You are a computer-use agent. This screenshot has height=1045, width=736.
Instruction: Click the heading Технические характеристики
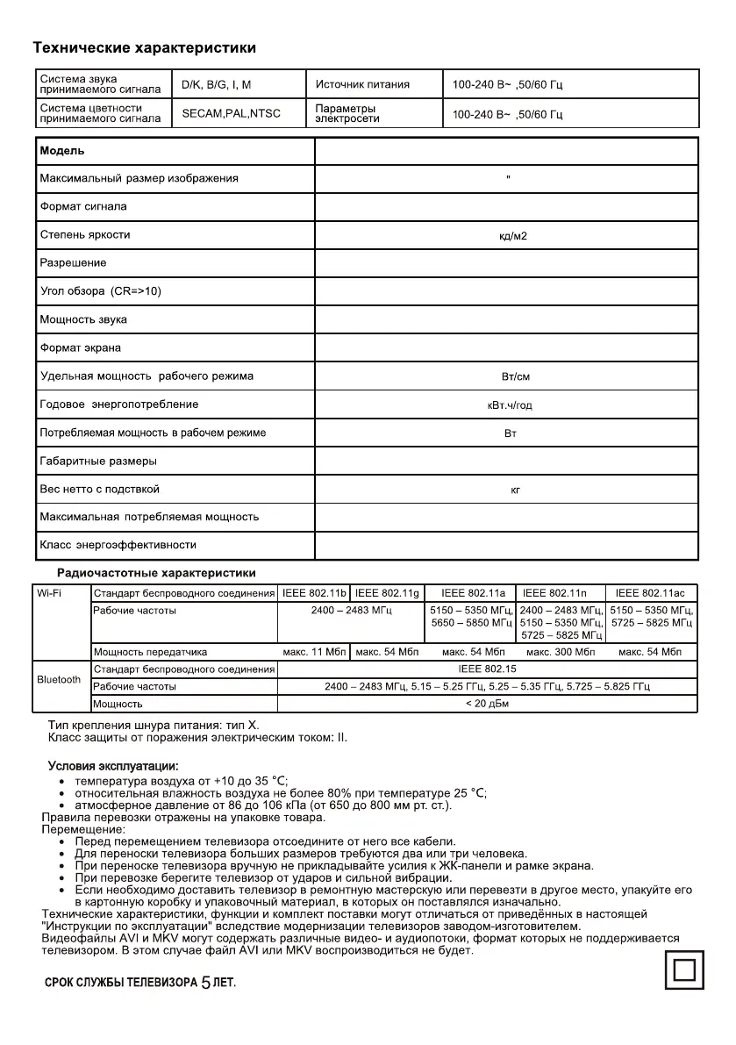pyautogui.click(x=144, y=47)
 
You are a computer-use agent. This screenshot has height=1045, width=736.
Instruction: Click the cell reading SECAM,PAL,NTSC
pyautogui.click(x=231, y=114)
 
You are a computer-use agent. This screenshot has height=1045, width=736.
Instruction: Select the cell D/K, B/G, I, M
pyautogui.click(x=216, y=85)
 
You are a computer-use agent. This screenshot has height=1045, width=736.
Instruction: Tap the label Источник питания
pyautogui.click(x=362, y=85)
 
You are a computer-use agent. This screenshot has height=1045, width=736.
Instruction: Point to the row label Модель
pyautogui.click(x=62, y=150)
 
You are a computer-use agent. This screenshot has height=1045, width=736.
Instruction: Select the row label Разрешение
pyautogui.click(x=74, y=263)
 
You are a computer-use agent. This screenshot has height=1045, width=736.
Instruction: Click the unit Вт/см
pyautogui.click(x=515, y=377)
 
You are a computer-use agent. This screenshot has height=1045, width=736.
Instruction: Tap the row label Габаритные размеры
pyautogui.click(x=98, y=461)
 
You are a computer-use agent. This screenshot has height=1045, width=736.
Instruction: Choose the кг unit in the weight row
pyautogui.click(x=516, y=490)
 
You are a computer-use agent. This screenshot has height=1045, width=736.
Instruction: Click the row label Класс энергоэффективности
pyautogui.click(x=118, y=545)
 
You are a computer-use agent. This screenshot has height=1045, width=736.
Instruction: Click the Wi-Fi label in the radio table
pyautogui.click(x=49, y=593)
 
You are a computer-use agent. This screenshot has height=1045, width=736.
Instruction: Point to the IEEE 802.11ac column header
pyautogui.click(x=650, y=594)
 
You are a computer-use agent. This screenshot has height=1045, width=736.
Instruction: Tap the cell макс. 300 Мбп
pyautogui.click(x=561, y=652)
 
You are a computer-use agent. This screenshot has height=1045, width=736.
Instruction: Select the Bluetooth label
pyautogui.click(x=59, y=679)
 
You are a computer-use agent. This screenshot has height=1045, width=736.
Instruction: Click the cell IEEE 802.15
pyautogui.click(x=488, y=669)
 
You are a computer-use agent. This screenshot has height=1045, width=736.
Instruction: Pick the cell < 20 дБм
pyautogui.click(x=488, y=704)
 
